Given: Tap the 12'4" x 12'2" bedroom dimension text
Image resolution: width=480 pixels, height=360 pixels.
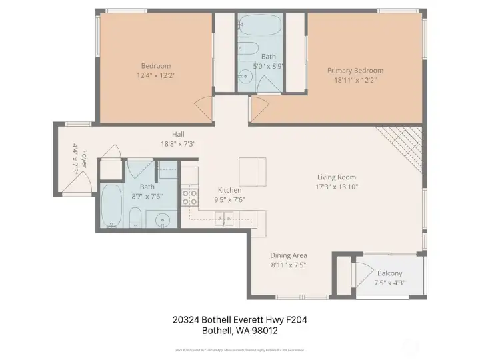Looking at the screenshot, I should (155, 75).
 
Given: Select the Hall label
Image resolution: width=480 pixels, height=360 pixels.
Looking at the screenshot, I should (177, 133).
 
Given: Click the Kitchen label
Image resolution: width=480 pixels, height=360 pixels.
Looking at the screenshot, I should (229, 189).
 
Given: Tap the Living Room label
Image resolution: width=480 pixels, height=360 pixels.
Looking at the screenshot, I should (337, 177).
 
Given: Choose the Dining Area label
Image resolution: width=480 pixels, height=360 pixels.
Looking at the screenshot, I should (288, 255).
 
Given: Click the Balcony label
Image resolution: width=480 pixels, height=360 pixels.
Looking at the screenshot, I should (389, 273).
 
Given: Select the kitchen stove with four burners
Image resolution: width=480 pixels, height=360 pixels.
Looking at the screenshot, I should (189, 197).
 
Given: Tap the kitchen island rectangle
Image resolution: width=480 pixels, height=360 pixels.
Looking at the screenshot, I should (253, 172).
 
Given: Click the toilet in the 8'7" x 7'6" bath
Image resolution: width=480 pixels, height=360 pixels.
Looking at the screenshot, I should (135, 217).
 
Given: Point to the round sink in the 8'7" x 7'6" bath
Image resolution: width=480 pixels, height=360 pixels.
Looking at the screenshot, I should (161, 220).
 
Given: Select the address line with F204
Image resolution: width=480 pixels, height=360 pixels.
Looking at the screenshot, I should (239, 320).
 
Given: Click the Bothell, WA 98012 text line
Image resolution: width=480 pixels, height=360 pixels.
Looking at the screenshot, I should (239, 330).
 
